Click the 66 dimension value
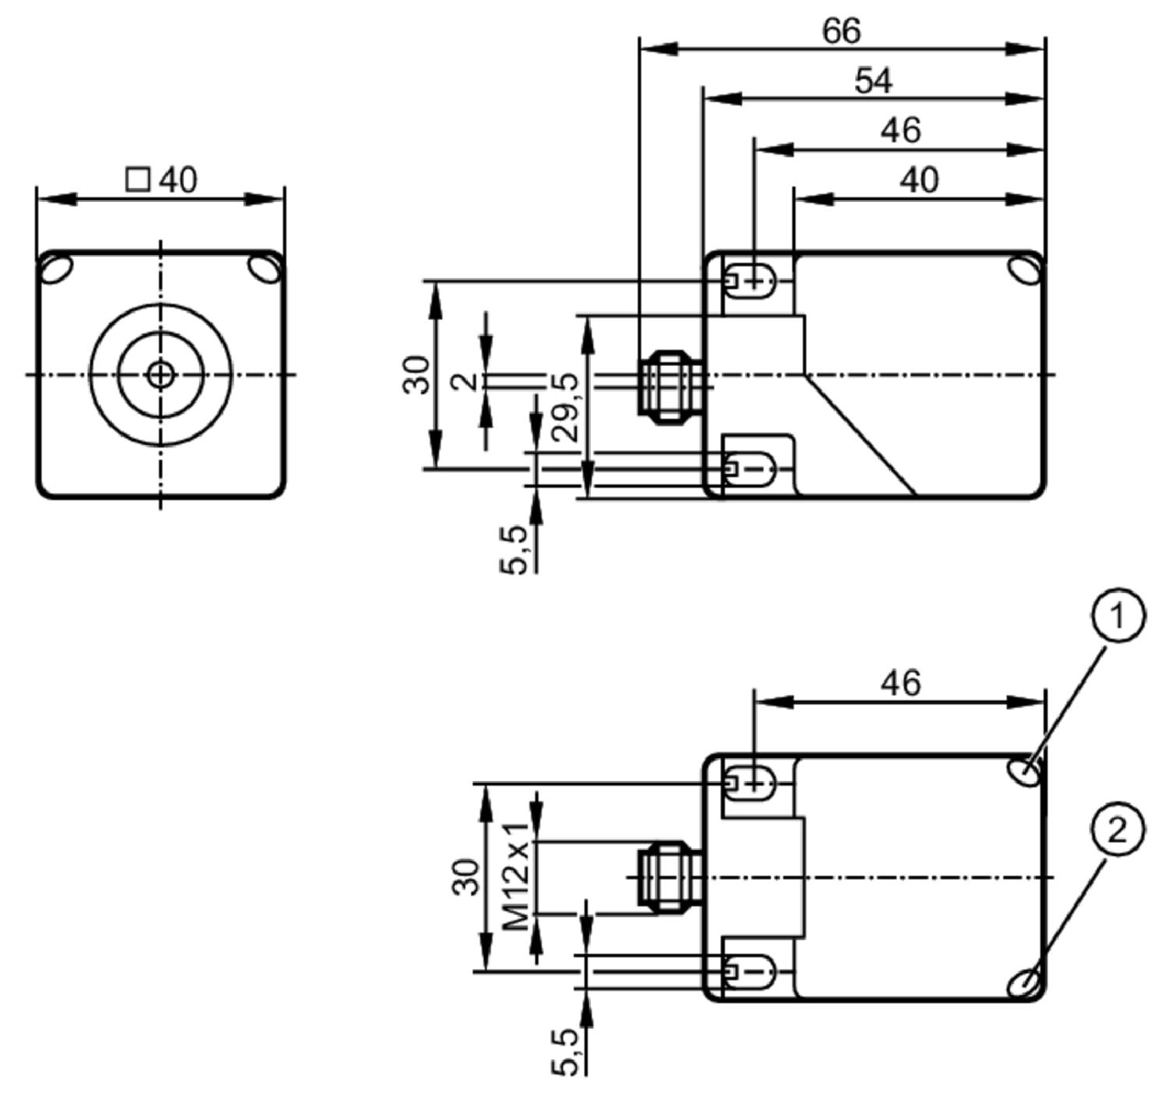pyautogui.click(x=841, y=30)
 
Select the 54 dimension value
pyautogui.click(x=874, y=81)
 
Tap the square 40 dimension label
pyautogui.click(x=161, y=180)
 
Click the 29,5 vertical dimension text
pyautogui.click(x=566, y=408)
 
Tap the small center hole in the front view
pyautogui.click(x=160, y=375)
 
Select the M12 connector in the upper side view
pyautogui.click(x=672, y=386)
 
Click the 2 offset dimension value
pyautogui.click(x=465, y=382)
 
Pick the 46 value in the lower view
pyautogui.click(x=900, y=684)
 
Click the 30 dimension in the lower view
pyautogui.click(x=465, y=877)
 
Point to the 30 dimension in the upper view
pyautogui.click(x=416, y=375)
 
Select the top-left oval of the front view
pyautogui.click(x=57, y=270)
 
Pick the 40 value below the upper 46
pyautogui.click(x=919, y=180)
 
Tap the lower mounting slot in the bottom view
pyautogui.click(x=752, y=972)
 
